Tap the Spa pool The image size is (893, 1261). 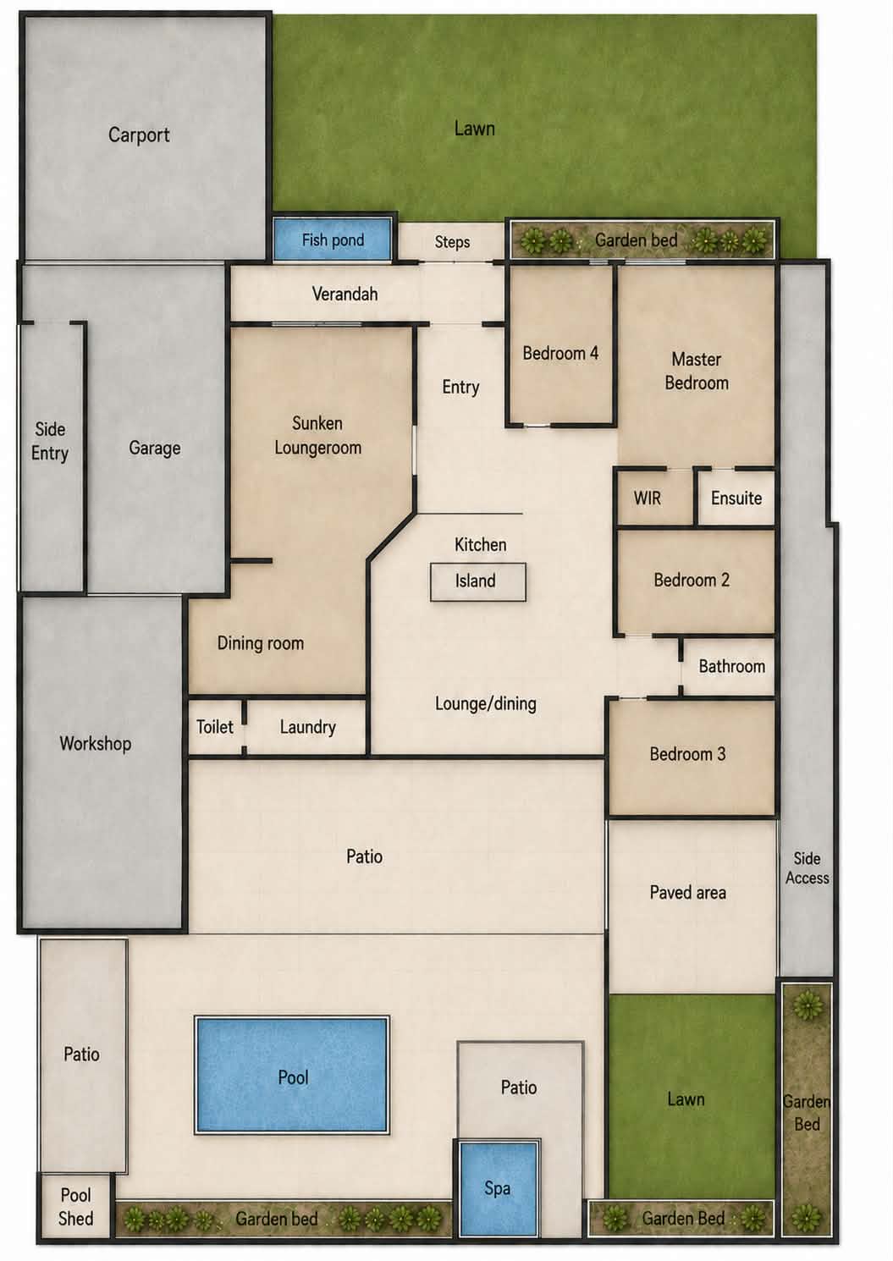[499, 1189]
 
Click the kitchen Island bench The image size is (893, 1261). [478, 581]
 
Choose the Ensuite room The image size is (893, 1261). [736, 498]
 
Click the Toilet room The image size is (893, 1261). [215, 727]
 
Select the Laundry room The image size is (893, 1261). [307, 727]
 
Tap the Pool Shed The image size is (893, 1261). [76, 1206]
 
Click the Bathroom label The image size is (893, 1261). [732, 667]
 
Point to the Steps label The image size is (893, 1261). [452, 242]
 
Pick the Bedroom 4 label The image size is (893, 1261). [560, 354]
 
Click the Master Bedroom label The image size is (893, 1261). [697, 371]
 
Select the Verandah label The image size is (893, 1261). [345, 294]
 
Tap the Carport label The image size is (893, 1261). [139, 135]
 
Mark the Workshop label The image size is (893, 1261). [96, 744]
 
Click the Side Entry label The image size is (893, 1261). [50, 442]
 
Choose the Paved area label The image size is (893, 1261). [687, 892]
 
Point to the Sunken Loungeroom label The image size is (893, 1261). [317, 436]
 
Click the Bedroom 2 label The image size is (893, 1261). [692, 580]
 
